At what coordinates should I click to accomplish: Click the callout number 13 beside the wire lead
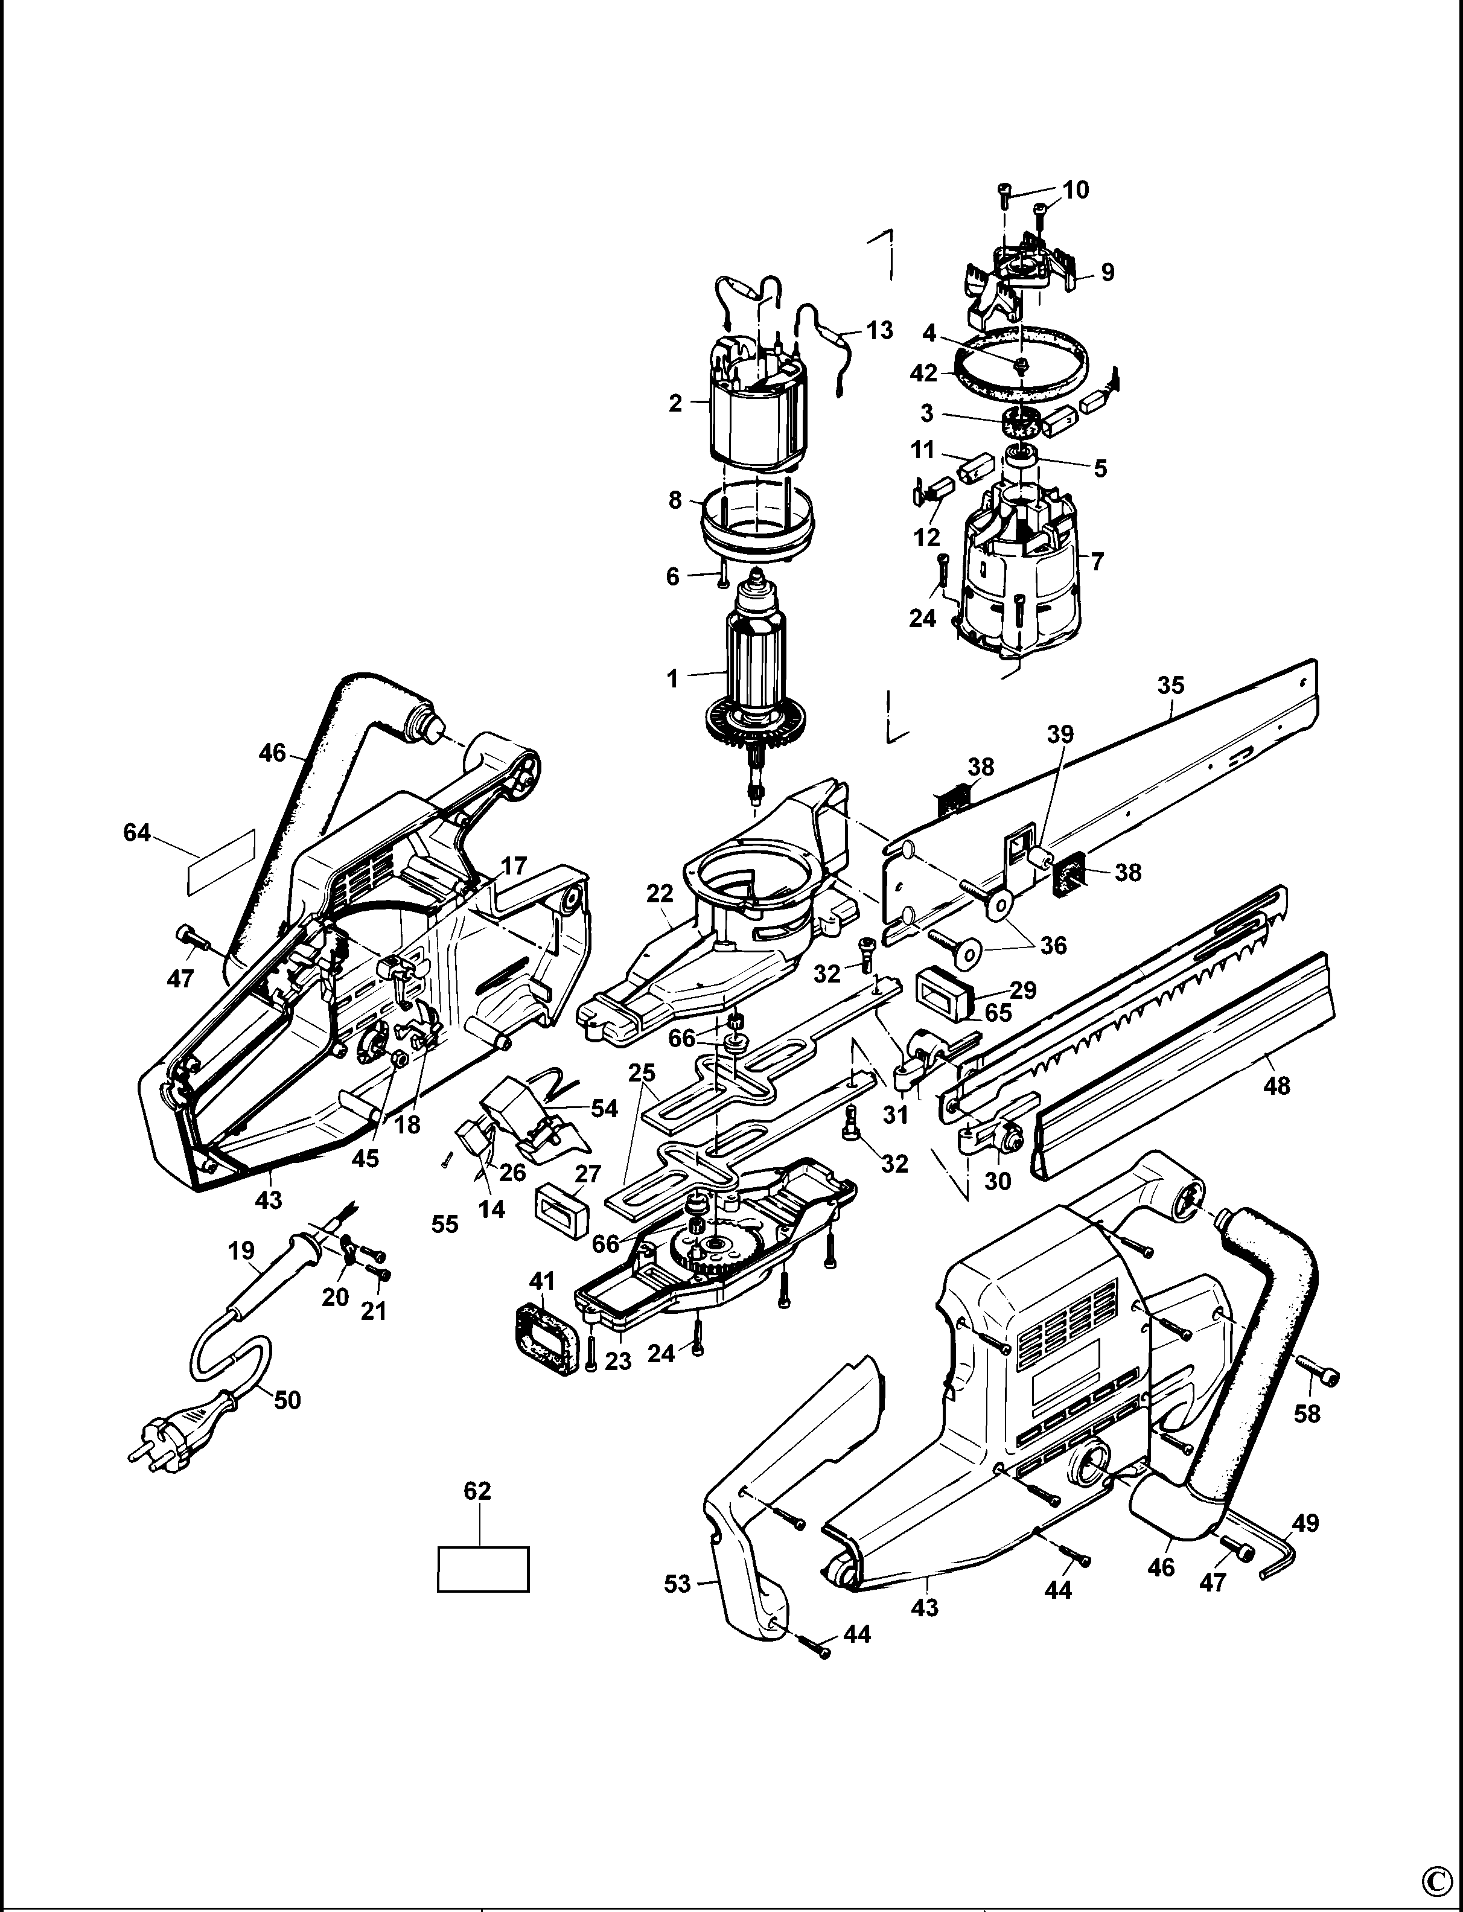coord(879,331)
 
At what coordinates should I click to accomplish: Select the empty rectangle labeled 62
coord(482,1569)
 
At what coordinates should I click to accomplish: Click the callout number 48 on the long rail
coord(1276,1085)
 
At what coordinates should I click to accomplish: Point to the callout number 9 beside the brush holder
coord(1107,273)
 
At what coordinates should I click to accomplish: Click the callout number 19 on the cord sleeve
coord(241,1251)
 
